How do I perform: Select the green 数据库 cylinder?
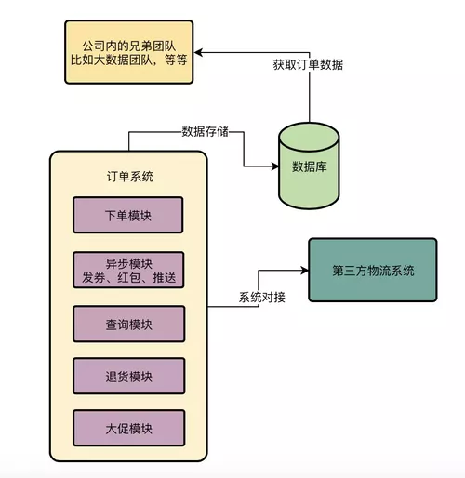coord(308,168)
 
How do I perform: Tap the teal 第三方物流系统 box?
coord(372,270)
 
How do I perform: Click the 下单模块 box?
coord(128,216)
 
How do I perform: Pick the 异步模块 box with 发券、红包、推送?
coord(128,269)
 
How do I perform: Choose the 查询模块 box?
coord(128,323)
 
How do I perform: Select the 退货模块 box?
coord(128,376)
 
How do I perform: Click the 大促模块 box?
coord(128,429)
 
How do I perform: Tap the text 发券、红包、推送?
coord(128,276)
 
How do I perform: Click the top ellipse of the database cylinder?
coord(308,131)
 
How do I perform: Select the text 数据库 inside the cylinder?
coord(308,168)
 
